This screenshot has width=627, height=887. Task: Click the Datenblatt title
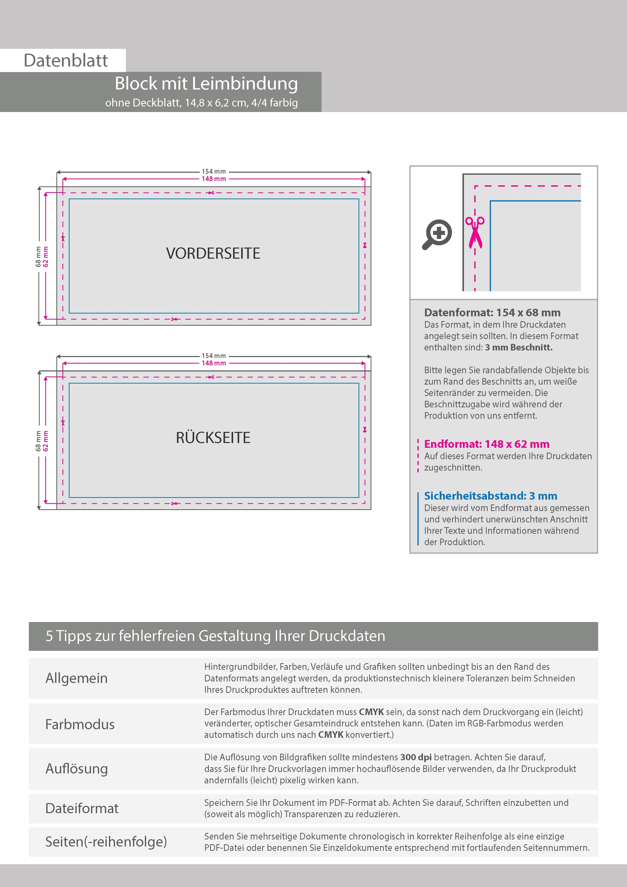pyautogui.click(x=66, y=61)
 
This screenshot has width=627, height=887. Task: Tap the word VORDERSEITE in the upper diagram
pyautogui.click(x=213, y=253)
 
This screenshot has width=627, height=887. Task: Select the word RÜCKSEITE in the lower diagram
pyautogui.click(x=213, y=438)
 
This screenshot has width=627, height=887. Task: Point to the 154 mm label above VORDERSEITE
pyautogui.click(x=214, y=171)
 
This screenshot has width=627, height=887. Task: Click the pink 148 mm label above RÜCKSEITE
pyautogui.click(x=214, y=363)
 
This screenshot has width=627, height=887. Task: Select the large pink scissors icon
pyautogui.click(x=475, y=232)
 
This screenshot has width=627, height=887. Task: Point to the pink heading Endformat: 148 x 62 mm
pyautogui.click(x=486, y=444)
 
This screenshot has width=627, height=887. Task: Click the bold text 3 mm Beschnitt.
pyautogui.click(x=519, y=347)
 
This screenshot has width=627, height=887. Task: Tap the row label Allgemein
pyautogui.click(x=77, y=678)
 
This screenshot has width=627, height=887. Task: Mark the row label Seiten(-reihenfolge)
pyautogui.click(x=106, y=841)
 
